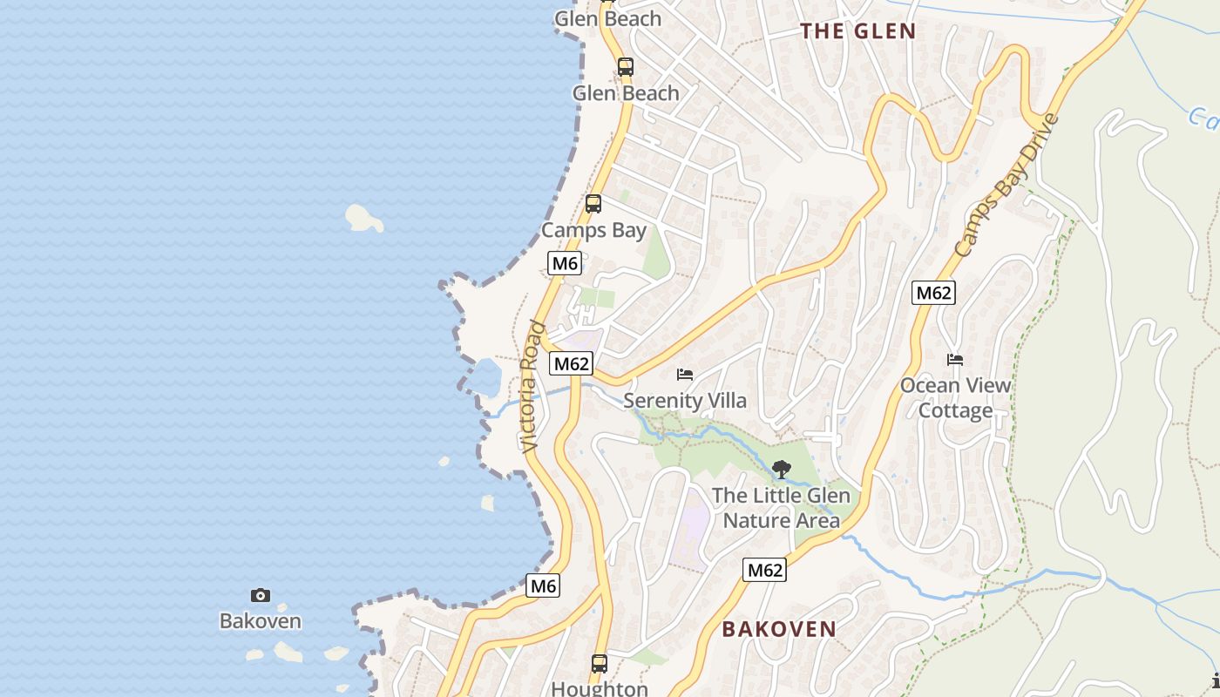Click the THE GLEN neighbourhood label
pyautogui.click(x=857, y=31)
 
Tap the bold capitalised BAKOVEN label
pyautogui.click(x=778, y=628)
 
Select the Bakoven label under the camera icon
pyautogui.click(x=260, y=621)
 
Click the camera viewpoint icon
pyautogui.click(x=260, y=596)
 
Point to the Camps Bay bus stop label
pyautogui.click(x=593, y=230)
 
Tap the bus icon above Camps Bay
pyautogui.click(x=593, y=204)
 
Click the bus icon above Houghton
pyautogui.click(x=600, y=663)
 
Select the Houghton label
pyautogui.click(x=600, y=688)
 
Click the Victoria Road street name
pyautogui.click(x=532, y=387)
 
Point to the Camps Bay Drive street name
pyautogui.click(x=1006, y=185)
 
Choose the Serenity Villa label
pyautogui.click(x=685, y=401)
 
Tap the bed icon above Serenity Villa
pyautogui.click(x=685, y=375)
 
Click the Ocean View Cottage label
pyautogui.click(x=955, y=397)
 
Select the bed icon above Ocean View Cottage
pyautogui.click(x=955, y=359)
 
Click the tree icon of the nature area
pyautogui.click(x=782, y=470)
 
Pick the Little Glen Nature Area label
pyautogui.click(x=781, y=508)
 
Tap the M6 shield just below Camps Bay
pyautogui.click(x=565, y=263)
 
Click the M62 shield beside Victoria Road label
pyautogui.click(x=571, y=363)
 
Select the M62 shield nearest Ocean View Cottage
pyautogui.click(x=932, y=293)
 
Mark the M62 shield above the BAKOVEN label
pyautogui.click(x=764, y=570)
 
